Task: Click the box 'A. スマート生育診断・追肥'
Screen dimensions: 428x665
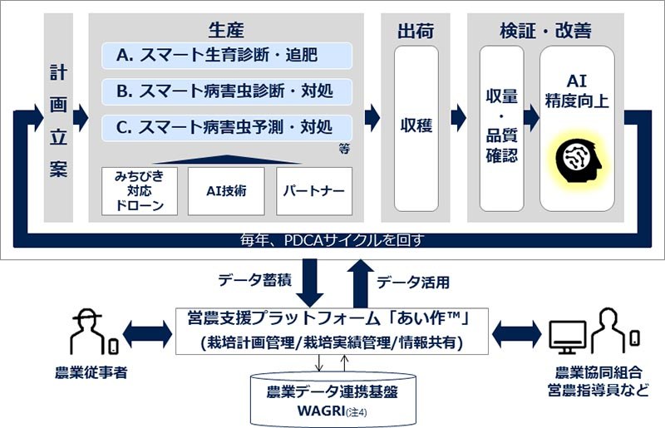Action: pos(226,57)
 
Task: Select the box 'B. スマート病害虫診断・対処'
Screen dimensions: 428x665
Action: pos(226,91)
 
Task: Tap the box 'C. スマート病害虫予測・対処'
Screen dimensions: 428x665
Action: pos(226,127)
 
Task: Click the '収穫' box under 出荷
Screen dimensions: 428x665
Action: pos(415,127)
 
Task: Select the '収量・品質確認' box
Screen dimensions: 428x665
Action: pos(502,127)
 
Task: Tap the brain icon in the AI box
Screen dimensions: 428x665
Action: pos(577,158)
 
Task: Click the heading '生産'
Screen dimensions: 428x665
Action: pos(226,31)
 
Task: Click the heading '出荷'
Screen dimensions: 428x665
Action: pos(415,31)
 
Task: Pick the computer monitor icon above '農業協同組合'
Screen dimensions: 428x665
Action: pos(568,334)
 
